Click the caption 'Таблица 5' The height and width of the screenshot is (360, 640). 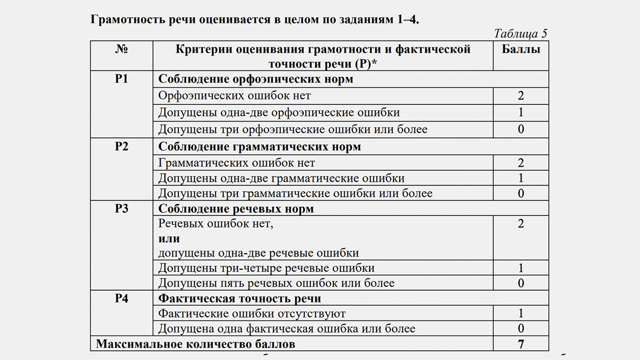click(x=520, y=33)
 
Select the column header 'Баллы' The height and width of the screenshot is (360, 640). click(x=521, y=49)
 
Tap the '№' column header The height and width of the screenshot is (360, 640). click(x=121, y=49)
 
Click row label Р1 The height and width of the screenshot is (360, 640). click(x=121, y=79)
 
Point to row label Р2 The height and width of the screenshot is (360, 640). click(x=121, y=147)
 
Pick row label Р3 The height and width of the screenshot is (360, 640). click(x=121, y=209)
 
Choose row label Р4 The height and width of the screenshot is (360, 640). click(x=121, y=298)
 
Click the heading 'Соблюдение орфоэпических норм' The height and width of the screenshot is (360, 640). click(x=256, y=79)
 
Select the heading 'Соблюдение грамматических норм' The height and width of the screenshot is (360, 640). click(x=259, y=147)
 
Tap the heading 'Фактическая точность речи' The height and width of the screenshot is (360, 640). click(x=239, y=298)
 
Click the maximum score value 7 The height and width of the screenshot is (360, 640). click(x=521, y=344)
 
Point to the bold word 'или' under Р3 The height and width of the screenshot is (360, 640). click(x=169, y=239)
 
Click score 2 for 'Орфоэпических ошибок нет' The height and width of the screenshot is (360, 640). click(x=521, y=96)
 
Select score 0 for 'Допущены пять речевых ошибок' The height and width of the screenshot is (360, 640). click(x=521, y=283)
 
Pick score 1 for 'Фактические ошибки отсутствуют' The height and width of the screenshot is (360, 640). click(x=521, y=313)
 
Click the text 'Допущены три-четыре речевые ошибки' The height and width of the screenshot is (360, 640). click(x=266, y=268)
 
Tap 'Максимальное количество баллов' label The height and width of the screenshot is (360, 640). click(x=195, y=344)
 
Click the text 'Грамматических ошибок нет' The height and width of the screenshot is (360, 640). click(x=236, y=163)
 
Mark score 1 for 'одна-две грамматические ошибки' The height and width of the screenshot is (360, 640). click(x=521, y=178)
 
